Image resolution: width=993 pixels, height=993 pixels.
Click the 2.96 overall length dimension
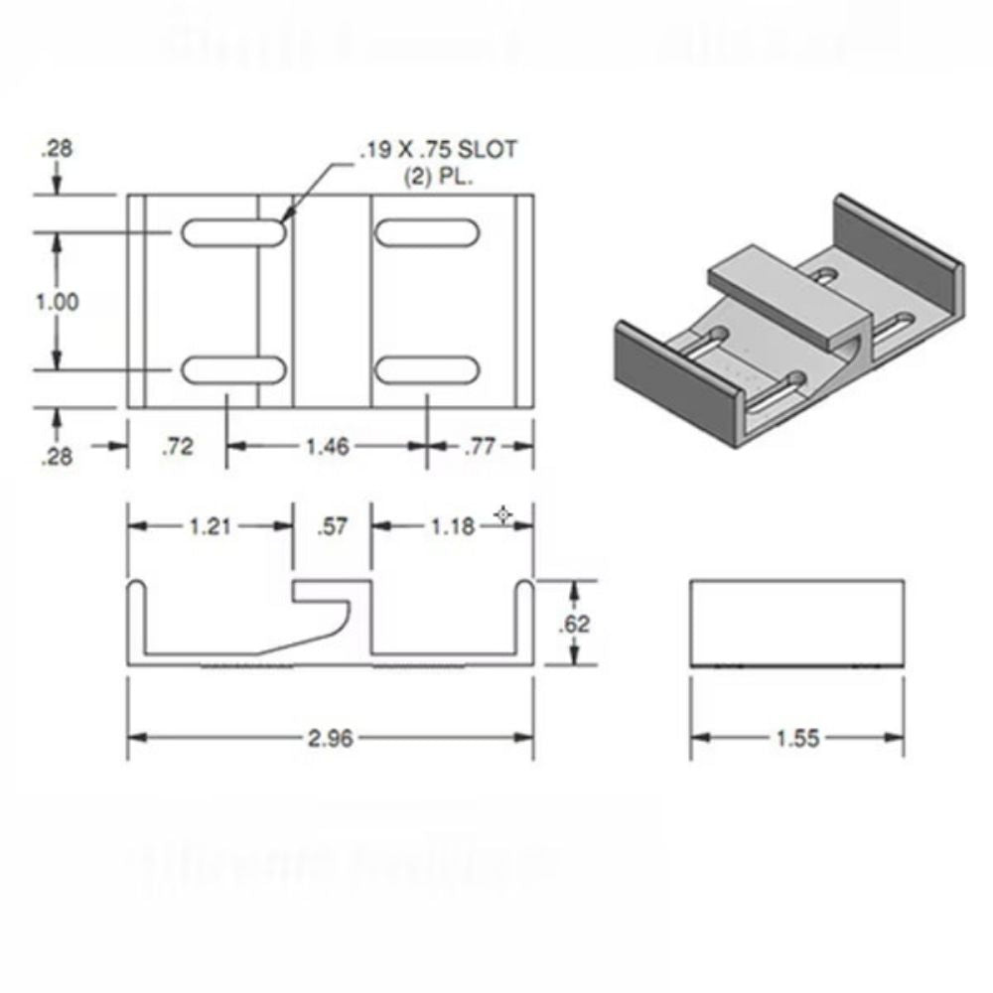tap(329, 738)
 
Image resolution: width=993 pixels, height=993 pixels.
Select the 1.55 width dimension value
tap(795, 739)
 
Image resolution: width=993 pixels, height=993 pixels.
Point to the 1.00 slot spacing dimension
tap(57, 302)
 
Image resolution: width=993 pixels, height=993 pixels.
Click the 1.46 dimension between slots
tap(327, 448)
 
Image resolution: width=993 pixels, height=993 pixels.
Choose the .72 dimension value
tap(179, 448)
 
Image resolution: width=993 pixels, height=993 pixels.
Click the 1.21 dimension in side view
tap(211, 526)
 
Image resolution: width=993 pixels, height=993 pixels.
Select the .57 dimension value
tap(333, 526)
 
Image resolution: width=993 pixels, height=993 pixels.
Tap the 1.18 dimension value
tap(453, 526)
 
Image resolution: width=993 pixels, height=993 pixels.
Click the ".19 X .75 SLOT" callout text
tap(438, 151)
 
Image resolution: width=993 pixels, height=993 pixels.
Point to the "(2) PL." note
tap(438, 179)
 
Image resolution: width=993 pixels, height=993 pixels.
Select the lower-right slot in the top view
tap(425, 370)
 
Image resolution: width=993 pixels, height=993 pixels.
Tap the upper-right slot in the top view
tap(425, 232)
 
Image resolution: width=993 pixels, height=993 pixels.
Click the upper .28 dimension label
tap(56, 150)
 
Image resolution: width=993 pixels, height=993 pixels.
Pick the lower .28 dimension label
tap(56, 458)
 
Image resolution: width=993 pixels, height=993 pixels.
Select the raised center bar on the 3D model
tap(784, 288)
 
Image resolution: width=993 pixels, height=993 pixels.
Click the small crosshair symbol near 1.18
tap(503, 514)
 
